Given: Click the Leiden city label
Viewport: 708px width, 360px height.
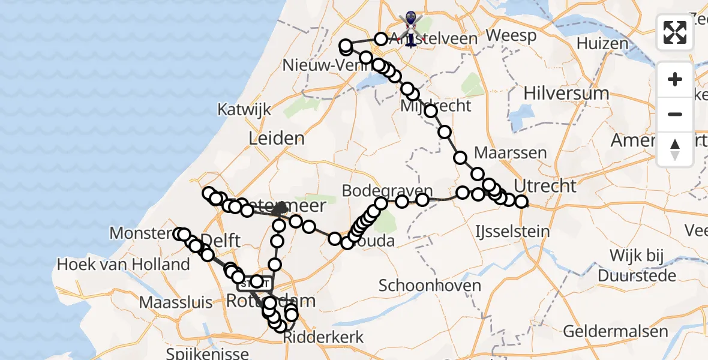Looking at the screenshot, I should (x=277, y=139).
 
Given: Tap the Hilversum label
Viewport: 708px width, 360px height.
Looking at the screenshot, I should (x=566, y=93).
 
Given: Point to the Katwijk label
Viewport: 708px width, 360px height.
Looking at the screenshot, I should (x=244, y=110).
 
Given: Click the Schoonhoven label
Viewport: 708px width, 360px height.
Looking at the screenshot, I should (x=430, y=285).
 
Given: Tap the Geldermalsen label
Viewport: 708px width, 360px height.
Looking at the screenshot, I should (x=616, y=331).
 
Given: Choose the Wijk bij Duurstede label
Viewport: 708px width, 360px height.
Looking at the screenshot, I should (x=634, y=266).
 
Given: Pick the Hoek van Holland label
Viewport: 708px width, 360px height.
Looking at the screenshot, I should (x=123, y=264).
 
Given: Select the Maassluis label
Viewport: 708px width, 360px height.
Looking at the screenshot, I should (x=176, y=302).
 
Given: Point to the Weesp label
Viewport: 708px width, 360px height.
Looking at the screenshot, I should (x=511, y=35).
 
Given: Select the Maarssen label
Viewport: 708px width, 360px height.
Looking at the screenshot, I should (x=510, y=152).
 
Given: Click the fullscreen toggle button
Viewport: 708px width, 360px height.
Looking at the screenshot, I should (x=674, y=32).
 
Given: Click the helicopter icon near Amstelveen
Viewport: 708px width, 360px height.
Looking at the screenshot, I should (x=410, y=27).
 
